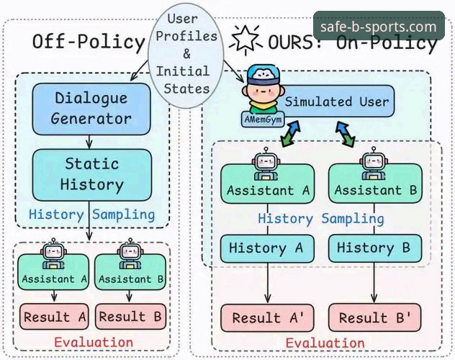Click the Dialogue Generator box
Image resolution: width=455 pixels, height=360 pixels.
pos(91,109)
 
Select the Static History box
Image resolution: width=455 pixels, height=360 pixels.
pos(91,175)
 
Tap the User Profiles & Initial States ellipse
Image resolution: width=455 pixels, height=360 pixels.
pos(186,55)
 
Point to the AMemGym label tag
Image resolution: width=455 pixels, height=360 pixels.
pos(263,120)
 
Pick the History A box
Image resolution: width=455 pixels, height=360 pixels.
pos(267,248)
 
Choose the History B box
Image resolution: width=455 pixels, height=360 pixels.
pos(375,248)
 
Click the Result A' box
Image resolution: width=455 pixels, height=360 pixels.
pos(267,318)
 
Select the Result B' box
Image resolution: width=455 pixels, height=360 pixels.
pos(375,318)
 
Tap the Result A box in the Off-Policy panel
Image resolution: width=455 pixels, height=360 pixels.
pos(54,317)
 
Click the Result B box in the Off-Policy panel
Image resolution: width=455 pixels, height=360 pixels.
pos(130,317)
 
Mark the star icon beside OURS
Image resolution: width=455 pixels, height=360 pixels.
pos(246,40)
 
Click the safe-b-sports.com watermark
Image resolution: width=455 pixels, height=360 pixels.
pos(379,26)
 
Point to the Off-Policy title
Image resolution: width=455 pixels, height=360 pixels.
pos(89,42)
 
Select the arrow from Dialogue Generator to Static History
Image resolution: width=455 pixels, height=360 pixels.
pos(89,142)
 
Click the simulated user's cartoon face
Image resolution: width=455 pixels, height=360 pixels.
pos(263,91)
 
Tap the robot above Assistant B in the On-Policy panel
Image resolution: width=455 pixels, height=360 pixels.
pos(374,163)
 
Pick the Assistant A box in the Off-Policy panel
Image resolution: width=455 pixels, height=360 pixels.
pos(53,272)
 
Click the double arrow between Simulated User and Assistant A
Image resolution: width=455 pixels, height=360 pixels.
pos(290,134)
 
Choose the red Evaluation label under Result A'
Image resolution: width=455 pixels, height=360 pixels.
pos(325,343)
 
